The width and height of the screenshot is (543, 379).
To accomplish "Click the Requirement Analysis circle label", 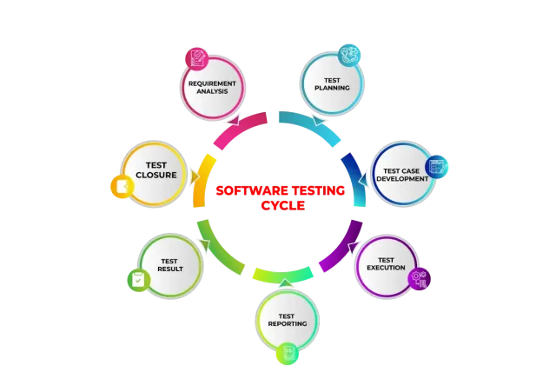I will click(211, 87).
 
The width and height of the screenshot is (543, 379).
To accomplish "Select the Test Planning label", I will click(331, 84).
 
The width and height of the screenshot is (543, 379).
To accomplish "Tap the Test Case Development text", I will click(402, 173).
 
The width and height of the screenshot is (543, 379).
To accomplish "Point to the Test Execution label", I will click(387, 264).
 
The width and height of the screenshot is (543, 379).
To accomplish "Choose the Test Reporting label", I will click(287, 320).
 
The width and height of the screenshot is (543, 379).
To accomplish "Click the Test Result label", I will click(170, 264).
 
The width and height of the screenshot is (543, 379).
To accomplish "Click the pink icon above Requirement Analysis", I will click(196, 58).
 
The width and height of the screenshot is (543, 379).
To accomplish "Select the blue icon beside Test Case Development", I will click(438, 165).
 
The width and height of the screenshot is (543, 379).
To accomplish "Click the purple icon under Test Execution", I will click(420, 279).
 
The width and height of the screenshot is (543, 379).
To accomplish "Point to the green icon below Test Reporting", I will click(287, 354).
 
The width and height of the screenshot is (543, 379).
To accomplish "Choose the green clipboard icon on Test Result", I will click(137, 280).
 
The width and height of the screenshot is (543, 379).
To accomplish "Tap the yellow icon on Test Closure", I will click(122, 186).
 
